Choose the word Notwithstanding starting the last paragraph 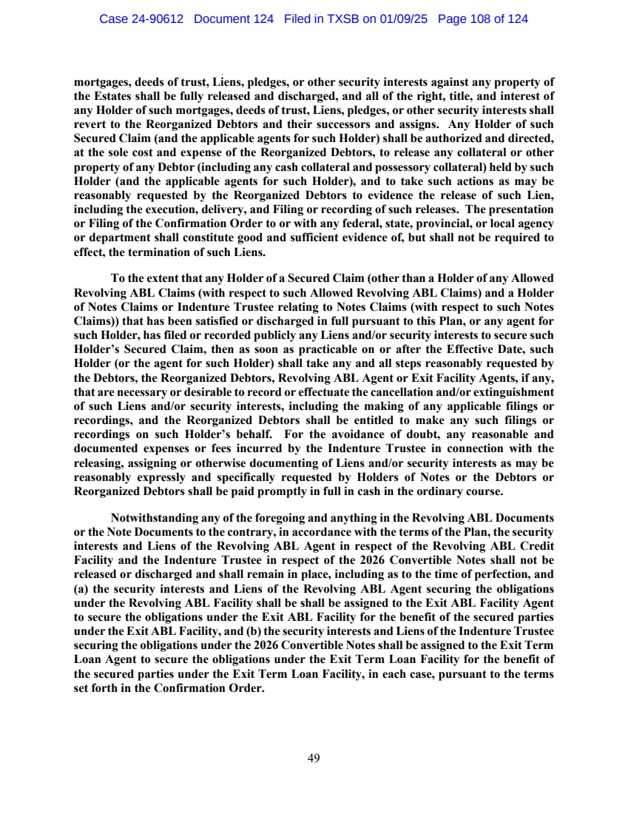click(153, 517)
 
